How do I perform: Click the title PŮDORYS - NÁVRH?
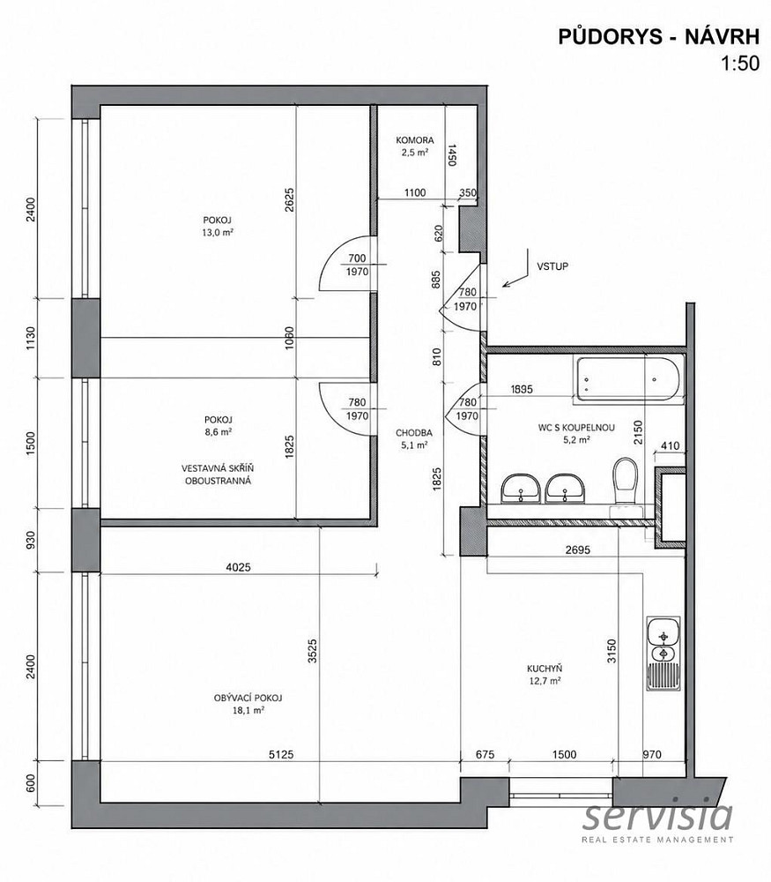(658, 36)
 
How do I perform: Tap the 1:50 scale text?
(741, 64)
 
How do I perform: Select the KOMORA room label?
(415, 140)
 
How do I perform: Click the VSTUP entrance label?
(552, 266)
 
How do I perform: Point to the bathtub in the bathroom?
(628, 379)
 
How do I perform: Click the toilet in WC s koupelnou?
(626, 482)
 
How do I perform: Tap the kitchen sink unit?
(664, 654)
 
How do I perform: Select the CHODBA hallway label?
(414, 433)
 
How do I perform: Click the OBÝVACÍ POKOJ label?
(248, 698)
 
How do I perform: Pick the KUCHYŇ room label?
(545, 669)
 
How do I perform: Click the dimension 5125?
(281, 755)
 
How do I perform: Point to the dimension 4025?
(238, 567)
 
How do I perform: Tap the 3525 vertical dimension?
(313, 650)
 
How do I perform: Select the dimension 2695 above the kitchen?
(578, 550)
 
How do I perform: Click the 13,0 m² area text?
(218, 232)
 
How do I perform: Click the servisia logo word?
(657, 816)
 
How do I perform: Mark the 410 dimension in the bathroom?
(671, 446)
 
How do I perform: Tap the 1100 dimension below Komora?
(415, 192)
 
